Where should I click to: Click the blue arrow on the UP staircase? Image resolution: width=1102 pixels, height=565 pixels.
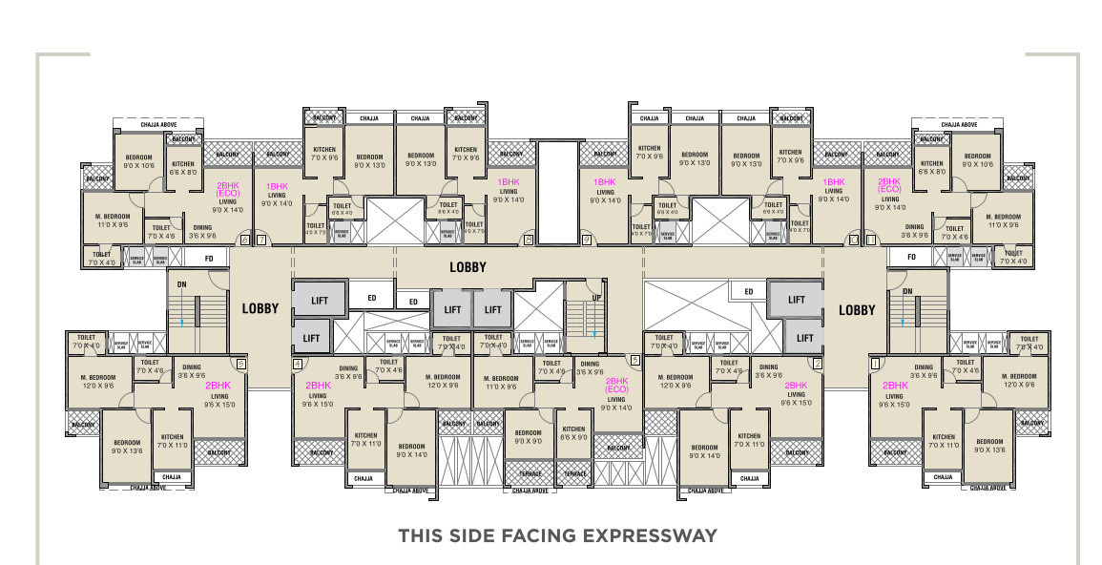coord(593,331)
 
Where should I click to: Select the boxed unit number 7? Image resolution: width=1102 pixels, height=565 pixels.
coord(260,240)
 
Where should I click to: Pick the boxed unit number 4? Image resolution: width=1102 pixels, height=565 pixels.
coord(298,364)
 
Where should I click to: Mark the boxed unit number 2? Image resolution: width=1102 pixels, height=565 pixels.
coord(818,364)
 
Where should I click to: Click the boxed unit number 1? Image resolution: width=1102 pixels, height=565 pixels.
coord(875,364)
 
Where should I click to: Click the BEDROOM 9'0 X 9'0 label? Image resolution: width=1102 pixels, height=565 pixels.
coord(529,437)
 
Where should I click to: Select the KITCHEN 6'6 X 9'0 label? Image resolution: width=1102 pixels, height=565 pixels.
coord(573,433)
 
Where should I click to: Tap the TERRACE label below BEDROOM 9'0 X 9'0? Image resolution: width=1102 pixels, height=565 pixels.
coord(530,473)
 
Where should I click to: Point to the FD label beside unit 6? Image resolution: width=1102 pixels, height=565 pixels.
coord(209,258)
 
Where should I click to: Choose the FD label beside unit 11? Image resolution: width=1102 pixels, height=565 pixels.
coord(911,258)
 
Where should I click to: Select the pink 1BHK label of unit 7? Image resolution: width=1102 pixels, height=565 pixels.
coord(277,187)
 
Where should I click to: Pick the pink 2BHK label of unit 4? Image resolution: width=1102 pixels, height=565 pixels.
coord(318,386)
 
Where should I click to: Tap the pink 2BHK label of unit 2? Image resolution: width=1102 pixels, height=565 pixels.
coord(797,385)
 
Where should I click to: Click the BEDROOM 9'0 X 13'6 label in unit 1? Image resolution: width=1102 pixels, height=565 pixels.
coord(988,446)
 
